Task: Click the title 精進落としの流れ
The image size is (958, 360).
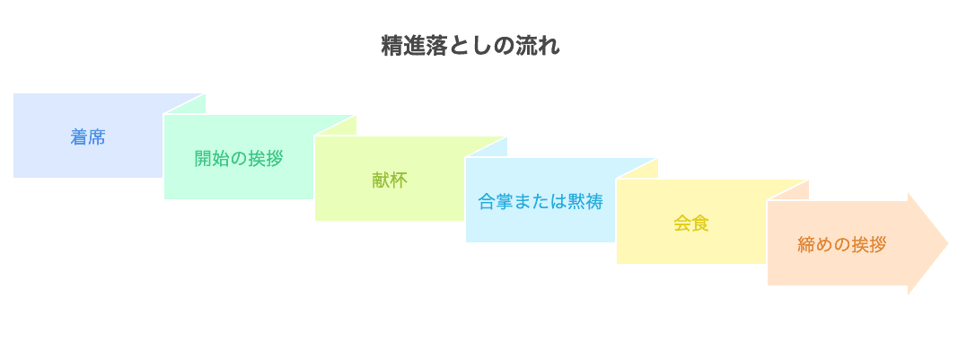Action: coord(470,46)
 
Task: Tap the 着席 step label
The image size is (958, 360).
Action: coord(88,137)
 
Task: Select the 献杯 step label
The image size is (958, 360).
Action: coord(390,180)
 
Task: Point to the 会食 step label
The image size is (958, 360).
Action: coord(691,223)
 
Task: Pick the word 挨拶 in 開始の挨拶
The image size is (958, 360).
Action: coord(266,159)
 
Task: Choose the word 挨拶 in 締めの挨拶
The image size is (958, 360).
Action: coord(870,244)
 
